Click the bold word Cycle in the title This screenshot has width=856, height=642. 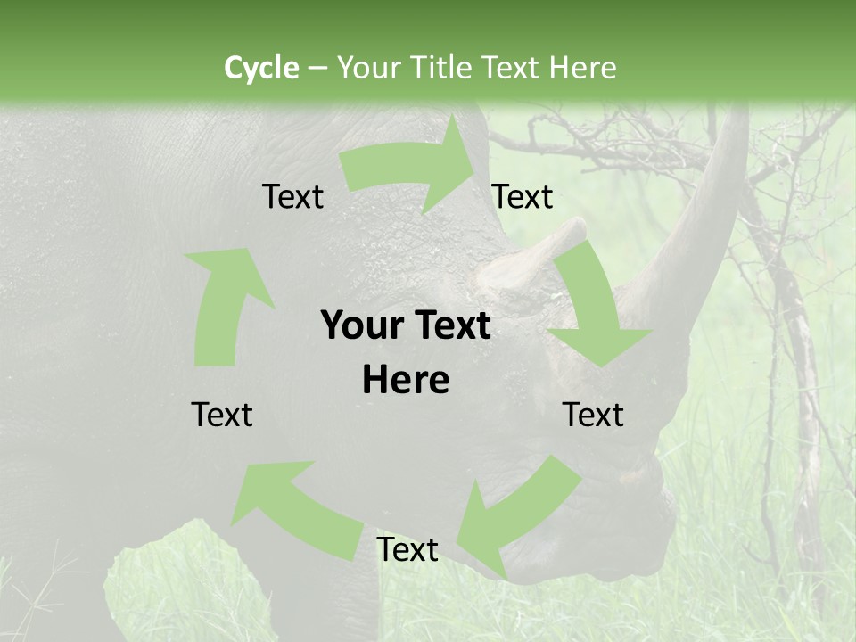[x=261, y=68]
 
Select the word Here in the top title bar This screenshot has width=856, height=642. [x=581, y=68]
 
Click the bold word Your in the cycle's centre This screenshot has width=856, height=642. [x=360, y=326]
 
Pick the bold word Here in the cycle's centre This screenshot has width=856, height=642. [x=406, y=381]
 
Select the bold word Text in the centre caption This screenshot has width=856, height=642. [x=449, y=326]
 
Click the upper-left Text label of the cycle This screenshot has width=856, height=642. [x=292, y=197]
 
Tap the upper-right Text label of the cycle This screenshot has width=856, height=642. [x=523, y=197]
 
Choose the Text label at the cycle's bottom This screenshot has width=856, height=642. [x=407, y=550]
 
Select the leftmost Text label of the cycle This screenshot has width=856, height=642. [x=222, y=415]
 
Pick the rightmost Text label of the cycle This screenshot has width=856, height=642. [x=593, y=415]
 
